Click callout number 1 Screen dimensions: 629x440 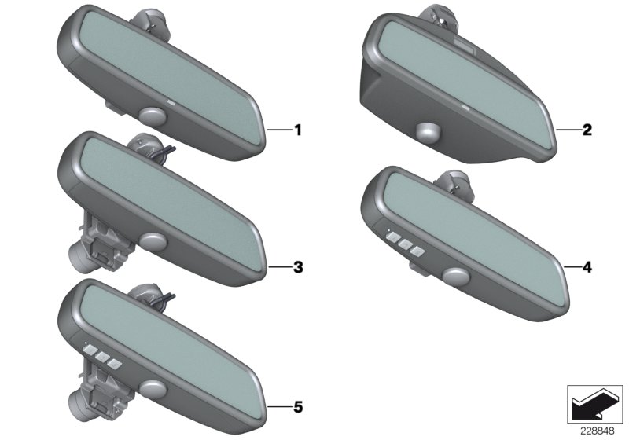click(298, 130)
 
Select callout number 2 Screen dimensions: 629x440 click(587, 130)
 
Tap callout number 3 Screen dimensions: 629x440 click(298, 267)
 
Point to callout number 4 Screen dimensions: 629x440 click(587, 267)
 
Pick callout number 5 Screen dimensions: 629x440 click(298, 407)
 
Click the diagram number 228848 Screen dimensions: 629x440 click(598, 431)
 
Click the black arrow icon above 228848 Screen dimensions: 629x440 click(594, 404)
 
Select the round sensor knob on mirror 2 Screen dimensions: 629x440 click(429, 132)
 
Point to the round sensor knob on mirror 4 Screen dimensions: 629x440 click(457, 276)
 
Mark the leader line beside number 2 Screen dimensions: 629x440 click(568, 130)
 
